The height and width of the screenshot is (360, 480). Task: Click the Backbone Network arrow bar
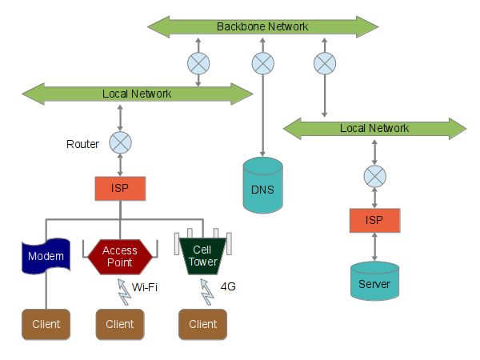tap(262, 27)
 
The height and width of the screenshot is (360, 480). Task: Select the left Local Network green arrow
tap(137, 94)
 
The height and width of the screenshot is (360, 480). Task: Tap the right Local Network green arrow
tap(374, 128)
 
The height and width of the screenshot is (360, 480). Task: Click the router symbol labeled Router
tap(120, 143)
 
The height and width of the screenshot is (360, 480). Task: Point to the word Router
tap(82, 145)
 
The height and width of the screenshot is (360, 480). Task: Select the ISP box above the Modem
tap(120, 189)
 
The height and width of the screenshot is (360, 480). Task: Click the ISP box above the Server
tap(374, 219)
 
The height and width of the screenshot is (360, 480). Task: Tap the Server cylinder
tap(374, 281)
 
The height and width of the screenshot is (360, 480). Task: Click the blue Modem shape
tap(46, 256)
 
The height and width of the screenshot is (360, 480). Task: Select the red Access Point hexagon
tap(119, 256)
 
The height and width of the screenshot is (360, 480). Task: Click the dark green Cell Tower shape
tap(203, 256)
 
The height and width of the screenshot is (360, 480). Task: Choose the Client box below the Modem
tap(46, 324)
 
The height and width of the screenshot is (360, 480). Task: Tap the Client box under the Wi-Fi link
tap(119, 324)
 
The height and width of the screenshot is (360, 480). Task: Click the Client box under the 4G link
tap(203, 324)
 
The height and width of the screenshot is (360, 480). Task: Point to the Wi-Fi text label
tap(144, 286)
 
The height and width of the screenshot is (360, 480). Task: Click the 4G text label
tap(228, 286)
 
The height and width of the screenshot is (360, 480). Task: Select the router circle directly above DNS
tap(262, 62)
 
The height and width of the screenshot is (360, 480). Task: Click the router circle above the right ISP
tap(374, 175)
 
